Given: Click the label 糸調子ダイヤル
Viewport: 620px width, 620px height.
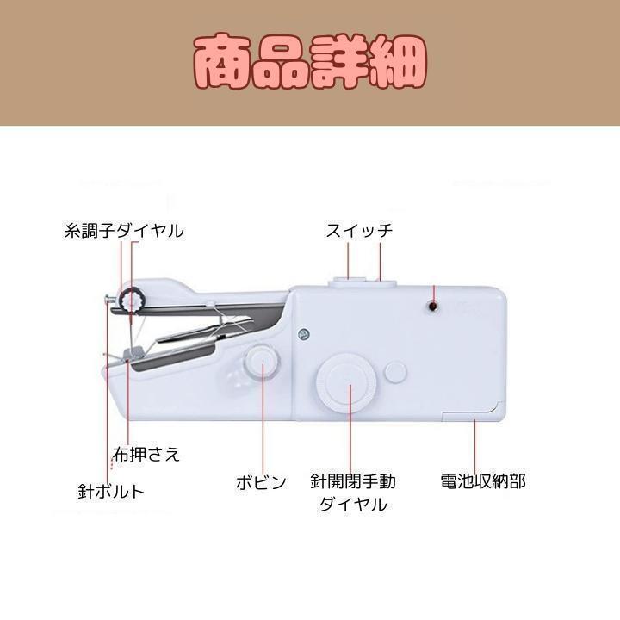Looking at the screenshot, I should (124, 231).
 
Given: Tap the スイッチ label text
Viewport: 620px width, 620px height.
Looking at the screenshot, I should (359, 231).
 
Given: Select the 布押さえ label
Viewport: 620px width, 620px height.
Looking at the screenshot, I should (146, 454).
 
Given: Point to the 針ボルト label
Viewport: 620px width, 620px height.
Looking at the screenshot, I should (111, 492).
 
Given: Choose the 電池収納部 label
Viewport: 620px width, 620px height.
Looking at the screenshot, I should (482, 481).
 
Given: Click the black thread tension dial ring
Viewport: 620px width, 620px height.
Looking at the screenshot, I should (132, 301).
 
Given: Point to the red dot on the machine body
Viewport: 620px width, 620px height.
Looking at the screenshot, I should (433, 306).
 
